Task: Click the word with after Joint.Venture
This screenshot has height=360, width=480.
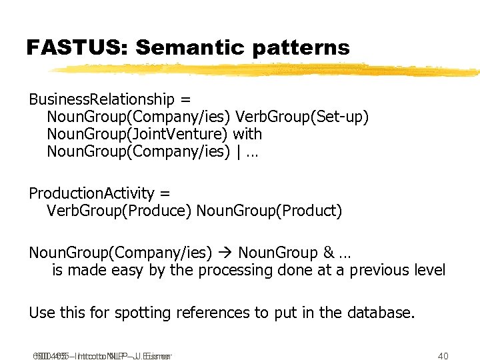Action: pos(247,135)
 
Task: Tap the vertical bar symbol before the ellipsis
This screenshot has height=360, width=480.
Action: pos(238,152)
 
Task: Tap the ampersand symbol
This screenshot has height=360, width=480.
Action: pos(328,253)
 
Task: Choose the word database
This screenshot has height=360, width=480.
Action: pos(379,313)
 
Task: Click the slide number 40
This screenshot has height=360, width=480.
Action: pos(443,356)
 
